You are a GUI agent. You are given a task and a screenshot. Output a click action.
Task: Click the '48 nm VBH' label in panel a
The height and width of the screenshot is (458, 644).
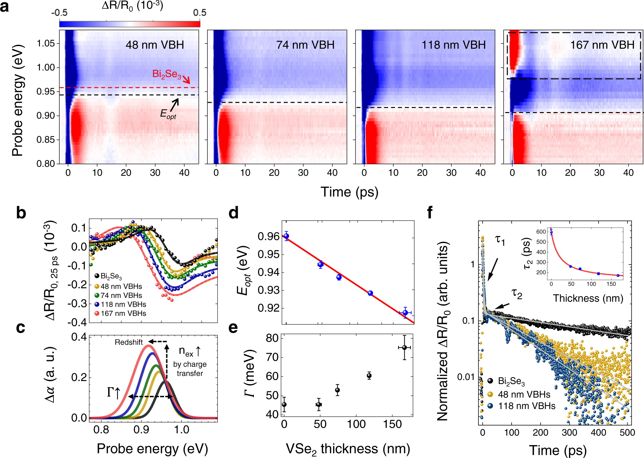click(155, 45)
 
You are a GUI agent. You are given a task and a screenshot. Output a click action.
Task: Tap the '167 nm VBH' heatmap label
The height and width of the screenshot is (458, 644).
click(602, 45)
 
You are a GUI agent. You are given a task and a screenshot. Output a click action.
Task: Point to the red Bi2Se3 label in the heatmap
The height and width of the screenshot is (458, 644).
click(167, 74)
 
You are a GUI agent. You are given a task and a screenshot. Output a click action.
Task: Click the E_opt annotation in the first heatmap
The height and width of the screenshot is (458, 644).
click(168, 114)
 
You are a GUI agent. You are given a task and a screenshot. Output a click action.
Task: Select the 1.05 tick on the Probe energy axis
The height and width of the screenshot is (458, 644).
click(46, 43)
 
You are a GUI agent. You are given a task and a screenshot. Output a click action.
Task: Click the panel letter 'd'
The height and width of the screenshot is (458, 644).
click(234, 213)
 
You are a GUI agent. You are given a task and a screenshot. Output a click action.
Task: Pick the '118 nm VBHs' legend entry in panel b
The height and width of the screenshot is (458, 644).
click(123, 304)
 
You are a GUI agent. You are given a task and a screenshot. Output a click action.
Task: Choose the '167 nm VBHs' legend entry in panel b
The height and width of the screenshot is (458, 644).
click(123, 313)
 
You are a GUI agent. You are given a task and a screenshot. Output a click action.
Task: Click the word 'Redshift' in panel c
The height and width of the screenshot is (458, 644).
click(129, 342)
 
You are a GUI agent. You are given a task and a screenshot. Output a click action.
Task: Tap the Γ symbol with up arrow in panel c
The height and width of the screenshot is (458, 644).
click(114, 392)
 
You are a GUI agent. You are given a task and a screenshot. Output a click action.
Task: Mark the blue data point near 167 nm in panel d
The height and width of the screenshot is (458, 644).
click(405, 313)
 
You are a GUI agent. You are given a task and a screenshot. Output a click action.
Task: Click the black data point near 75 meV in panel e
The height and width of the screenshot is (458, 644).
click(404, 348)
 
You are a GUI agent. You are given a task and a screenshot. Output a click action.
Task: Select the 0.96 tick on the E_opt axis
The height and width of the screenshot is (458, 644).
click(268, 236)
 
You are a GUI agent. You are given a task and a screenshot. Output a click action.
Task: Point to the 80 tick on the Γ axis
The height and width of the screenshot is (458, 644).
click(272, 338)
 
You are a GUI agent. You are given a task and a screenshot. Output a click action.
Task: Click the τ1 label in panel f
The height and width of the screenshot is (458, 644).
click(500, 240)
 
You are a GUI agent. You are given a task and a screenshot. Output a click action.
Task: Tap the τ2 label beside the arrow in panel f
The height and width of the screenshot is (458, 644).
click(517, 294)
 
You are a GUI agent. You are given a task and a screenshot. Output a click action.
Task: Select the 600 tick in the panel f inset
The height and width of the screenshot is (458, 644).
click(541, 232)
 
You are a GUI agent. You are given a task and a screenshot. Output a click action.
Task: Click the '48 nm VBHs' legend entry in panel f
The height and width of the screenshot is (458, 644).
click(524, 395)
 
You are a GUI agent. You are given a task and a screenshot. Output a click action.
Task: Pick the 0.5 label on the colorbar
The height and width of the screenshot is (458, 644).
click(200, 13)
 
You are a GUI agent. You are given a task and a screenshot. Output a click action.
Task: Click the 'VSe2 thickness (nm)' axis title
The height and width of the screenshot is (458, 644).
click(348, 449)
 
